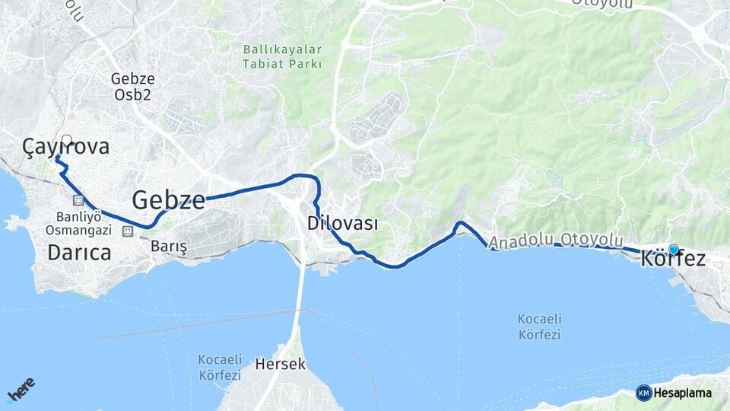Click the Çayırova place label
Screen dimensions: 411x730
click(66, 147)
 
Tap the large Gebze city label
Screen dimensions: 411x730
click(168, 200)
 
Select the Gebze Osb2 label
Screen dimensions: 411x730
click(132, 86)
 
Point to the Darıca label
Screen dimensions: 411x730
click(79, 253)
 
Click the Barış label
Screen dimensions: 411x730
click(169, 247)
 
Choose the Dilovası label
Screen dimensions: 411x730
click(343, 224)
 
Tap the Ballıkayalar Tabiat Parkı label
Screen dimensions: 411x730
click(282, 56)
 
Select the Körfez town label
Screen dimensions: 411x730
click(673, 259)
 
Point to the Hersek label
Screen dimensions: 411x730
click(281, 364)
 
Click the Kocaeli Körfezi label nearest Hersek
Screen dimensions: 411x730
click(220, 367)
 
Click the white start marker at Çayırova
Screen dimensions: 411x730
click(67, 140)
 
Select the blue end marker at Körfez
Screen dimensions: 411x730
click(673, 249)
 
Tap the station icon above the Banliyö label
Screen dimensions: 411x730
click(78, 200)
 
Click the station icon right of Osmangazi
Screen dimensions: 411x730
click(129, 230)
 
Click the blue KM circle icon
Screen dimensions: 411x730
click(643, 393)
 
